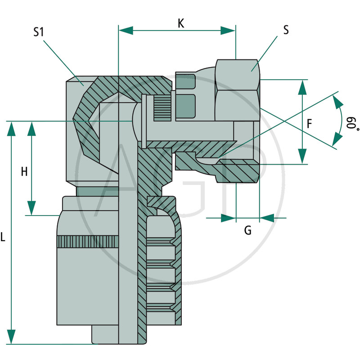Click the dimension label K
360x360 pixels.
point(180,23)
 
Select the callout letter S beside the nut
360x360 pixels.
point(286,30)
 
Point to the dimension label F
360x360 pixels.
point(309,125)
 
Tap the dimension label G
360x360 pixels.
point(247,231)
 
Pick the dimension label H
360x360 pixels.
point(24,171)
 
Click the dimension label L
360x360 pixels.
point(3,237)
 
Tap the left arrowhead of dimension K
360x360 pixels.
point(126,30)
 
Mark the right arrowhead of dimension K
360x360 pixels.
point(228,30)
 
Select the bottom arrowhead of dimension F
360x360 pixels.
point(302,157)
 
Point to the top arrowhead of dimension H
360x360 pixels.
point(31,128)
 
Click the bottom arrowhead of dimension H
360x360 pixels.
point(31,208)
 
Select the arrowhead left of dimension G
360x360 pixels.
point(228,218)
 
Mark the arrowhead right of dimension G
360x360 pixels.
point(267,218)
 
